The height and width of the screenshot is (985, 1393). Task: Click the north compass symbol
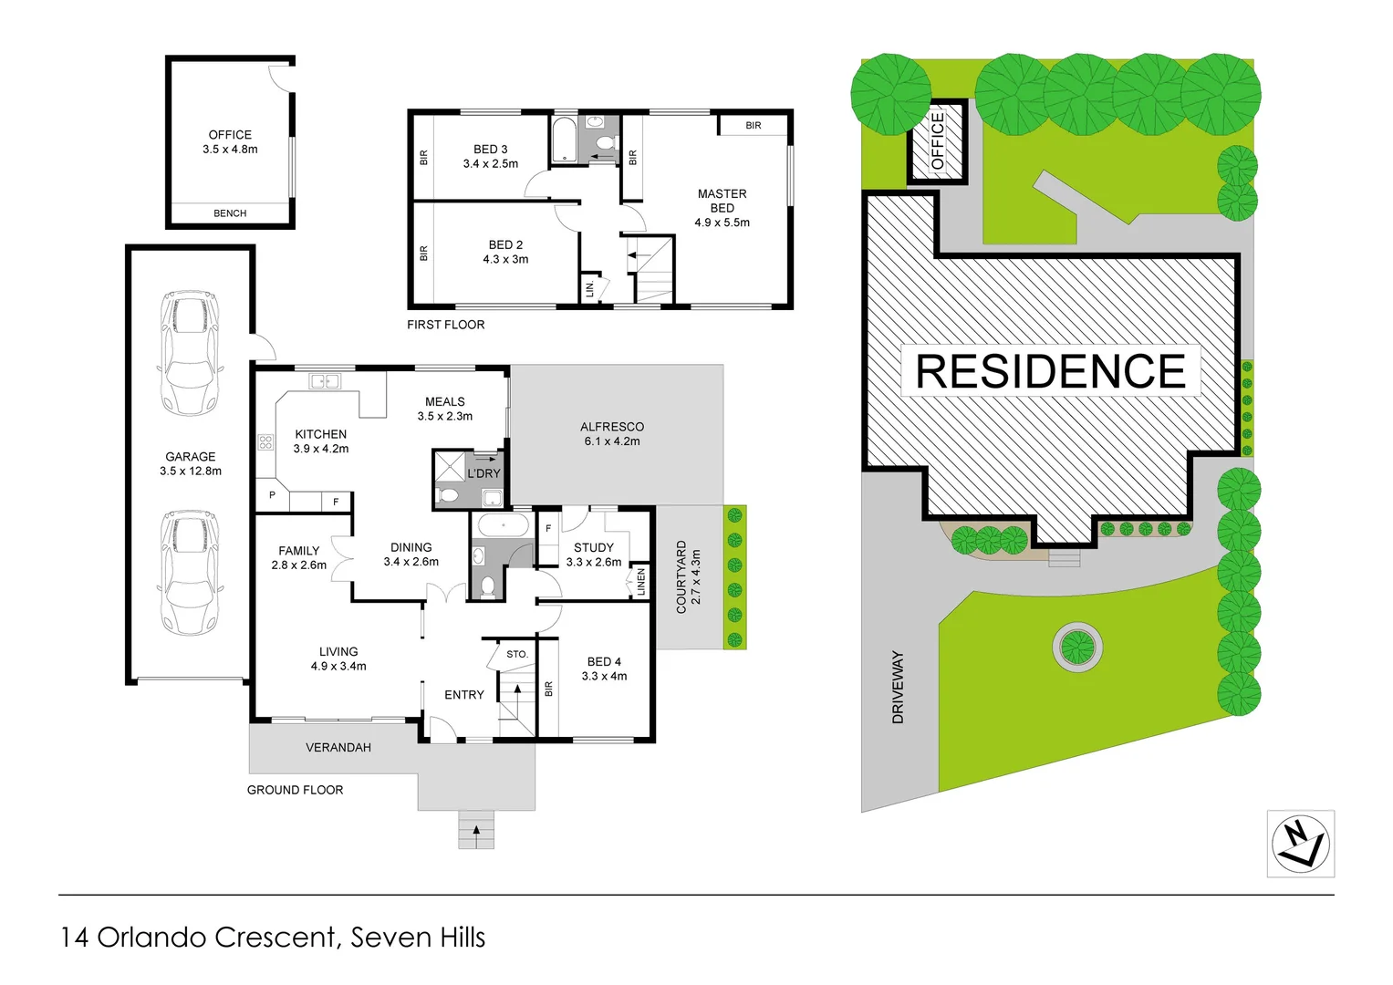tap(1300, 844)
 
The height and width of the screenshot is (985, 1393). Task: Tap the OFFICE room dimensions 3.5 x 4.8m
tap(230, 150)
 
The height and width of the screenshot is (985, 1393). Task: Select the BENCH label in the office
tap(230, 213)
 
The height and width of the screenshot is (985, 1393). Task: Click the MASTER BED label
tap(722, 201)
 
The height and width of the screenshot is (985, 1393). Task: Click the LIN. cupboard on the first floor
tap(590, 287)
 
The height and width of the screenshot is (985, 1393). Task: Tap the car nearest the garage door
tap(191, 573)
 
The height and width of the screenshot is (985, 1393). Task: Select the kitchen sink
tap(325, 380)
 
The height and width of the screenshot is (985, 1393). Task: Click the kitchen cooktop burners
tap(265, 442)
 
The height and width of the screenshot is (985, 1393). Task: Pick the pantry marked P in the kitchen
tap(273, 495)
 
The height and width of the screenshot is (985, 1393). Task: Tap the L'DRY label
tap(483, 473)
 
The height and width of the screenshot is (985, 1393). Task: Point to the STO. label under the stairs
tap(517, 654)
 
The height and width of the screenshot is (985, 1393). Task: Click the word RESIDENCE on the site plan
tap(1051, 371)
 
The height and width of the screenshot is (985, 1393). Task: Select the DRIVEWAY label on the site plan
tap(898, 687)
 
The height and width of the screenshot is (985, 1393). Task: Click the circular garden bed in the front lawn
tap(1077, 647)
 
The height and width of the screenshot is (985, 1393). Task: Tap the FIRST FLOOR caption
tap(446, 325)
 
